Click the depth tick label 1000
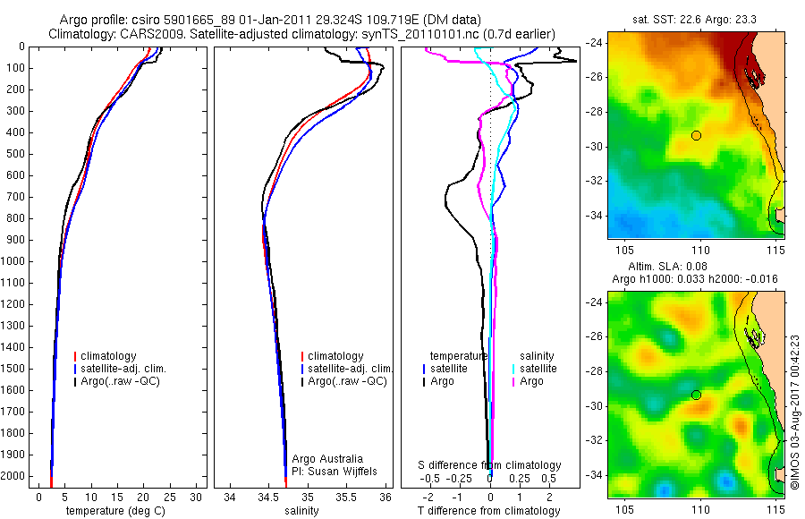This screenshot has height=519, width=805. [16, 261]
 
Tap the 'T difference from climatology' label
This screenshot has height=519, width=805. [488, 511]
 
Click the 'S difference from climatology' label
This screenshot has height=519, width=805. [490, 465]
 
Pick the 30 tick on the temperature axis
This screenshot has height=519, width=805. [198, 497]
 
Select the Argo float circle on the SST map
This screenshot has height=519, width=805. [696, 135]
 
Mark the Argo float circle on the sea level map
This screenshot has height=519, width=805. [696, 395]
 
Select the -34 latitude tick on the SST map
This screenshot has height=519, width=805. [595, 216]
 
